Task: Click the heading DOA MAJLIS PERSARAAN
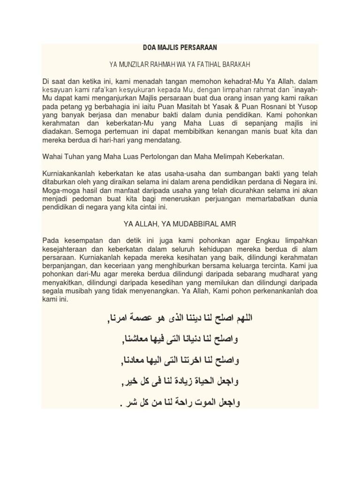180,48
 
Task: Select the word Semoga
89,132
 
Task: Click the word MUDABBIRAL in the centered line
191,223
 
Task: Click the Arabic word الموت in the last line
208,403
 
